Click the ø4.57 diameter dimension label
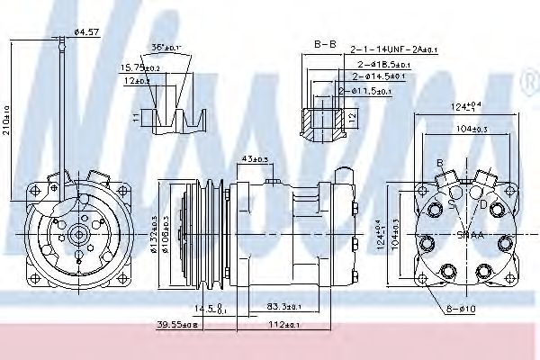85,33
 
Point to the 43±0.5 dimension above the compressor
256,160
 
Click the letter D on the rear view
484,205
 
